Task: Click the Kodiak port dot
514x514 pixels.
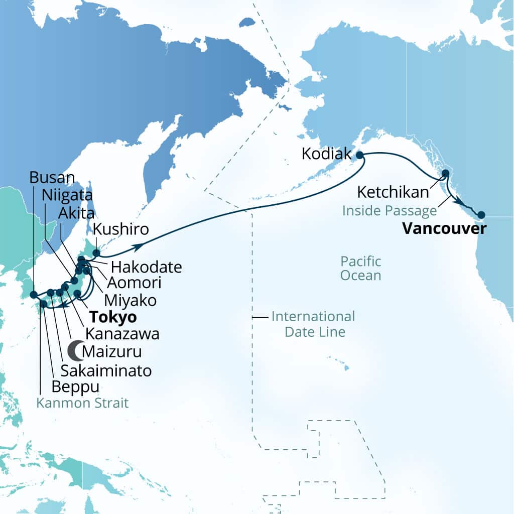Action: (x=359, y=156)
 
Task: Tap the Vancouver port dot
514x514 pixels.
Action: (x=481, y=215)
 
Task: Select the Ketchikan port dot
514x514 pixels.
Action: (x=445, y=174)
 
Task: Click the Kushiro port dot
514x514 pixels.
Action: (x=97, y=252)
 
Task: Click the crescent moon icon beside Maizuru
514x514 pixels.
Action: (x=75, y=350)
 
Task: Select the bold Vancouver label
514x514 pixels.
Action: (x=445, y=229)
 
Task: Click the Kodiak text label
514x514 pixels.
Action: (x=326, y=154)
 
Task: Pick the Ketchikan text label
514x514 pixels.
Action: (x=393, y=192)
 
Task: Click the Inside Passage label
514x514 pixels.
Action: (x=389, y=210)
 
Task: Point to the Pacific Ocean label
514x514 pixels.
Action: (x=360, y=268)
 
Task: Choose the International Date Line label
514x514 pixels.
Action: (x=313, y=324)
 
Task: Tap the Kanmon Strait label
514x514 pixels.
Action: (x=82, y=403)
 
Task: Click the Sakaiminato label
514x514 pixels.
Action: (x=106, y=370)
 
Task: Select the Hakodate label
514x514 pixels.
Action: (x=146, y=267)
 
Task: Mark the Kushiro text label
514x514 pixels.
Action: (x=121, y=230)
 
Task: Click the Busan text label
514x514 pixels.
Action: (x=52, y=177)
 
